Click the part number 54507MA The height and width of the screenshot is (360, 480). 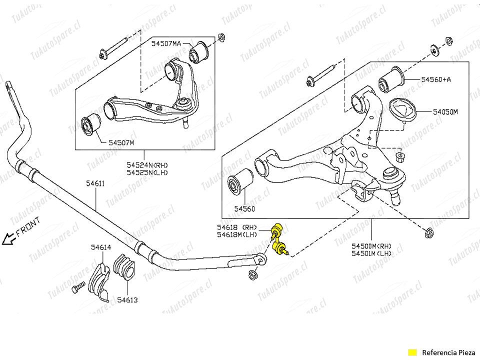coord(166,44)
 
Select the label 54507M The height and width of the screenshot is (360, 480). coord(121,142)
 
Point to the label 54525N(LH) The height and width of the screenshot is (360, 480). coord(146,172)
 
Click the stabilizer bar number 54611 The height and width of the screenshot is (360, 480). coord(95,183)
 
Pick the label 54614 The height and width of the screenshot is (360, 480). coord(101,247)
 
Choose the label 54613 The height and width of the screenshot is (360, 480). coord(127,300)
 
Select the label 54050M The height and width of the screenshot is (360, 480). coord(438,112)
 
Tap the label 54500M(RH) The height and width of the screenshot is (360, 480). coord(371,245)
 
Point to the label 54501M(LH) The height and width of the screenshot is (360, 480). coord(371,253)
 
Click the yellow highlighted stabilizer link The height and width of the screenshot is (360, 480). coord(277,240)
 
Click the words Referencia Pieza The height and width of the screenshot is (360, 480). coord(446,351)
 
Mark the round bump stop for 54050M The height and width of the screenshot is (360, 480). coord(402,111)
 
